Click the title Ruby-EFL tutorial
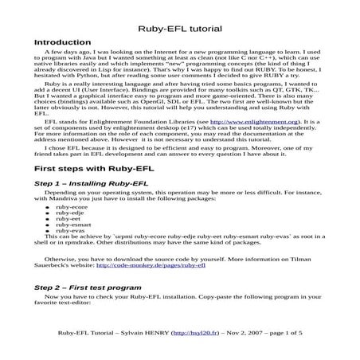[179, 28]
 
